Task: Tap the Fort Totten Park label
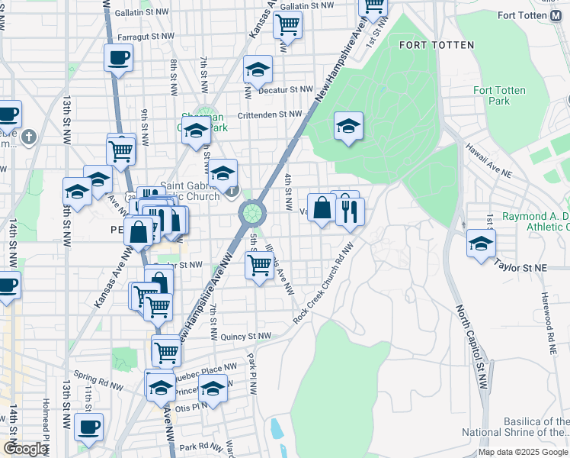click(x=499, y=95)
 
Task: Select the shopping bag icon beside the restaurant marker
click(x=322, y=207)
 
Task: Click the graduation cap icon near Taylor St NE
click(x=481, y=244)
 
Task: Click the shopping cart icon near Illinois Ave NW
click(x=259, y=266)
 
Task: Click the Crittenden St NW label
click(x=270, y=114)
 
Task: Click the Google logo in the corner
click(x=25, y=449)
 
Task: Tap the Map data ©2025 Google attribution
click(x=523, y=452)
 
